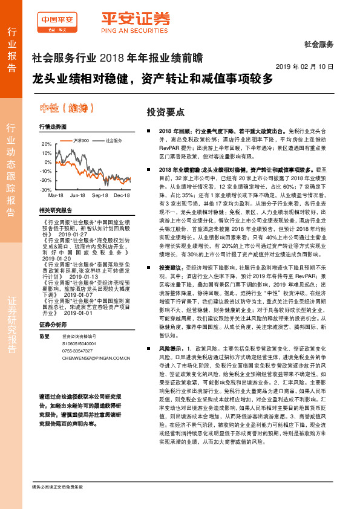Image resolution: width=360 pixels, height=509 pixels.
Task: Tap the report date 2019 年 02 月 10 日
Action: [x=308, y=66]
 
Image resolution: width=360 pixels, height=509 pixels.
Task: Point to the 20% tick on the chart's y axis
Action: [x=47, y=144]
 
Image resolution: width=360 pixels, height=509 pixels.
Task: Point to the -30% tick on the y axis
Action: [x=46, y=189]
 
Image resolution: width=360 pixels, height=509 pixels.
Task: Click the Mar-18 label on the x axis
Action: [x=56, y=196]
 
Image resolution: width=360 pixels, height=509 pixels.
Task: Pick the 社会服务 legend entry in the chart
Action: [x=114, y=140]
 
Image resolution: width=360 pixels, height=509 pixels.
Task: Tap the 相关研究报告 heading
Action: [x=55, y=210]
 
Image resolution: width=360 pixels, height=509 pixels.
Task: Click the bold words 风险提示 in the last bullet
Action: [x=169, y=349]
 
